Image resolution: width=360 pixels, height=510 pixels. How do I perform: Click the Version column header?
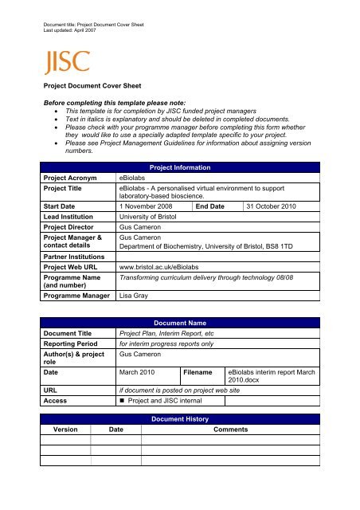pos(65,428)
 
